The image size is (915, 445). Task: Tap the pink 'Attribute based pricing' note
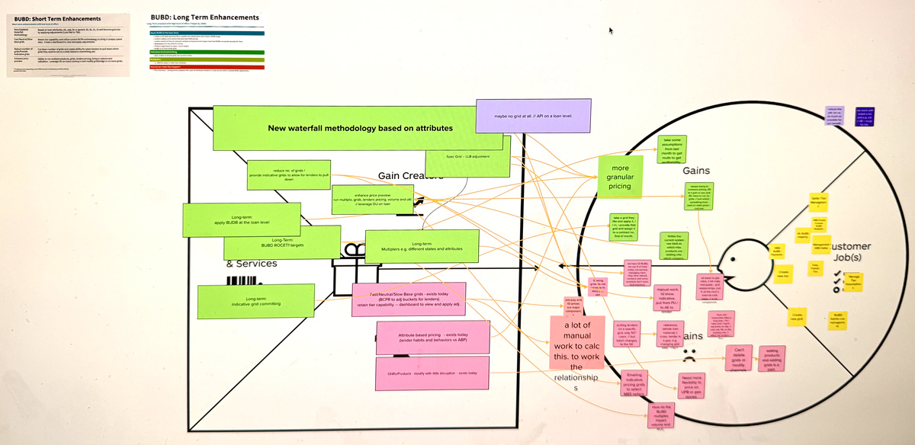coord(422,336)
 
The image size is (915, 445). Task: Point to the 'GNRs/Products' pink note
coord(422,373)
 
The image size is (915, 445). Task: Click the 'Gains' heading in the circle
coord(697,171)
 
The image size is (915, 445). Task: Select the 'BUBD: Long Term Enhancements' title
coord(204,18)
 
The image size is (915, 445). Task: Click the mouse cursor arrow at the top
coord(611,31)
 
